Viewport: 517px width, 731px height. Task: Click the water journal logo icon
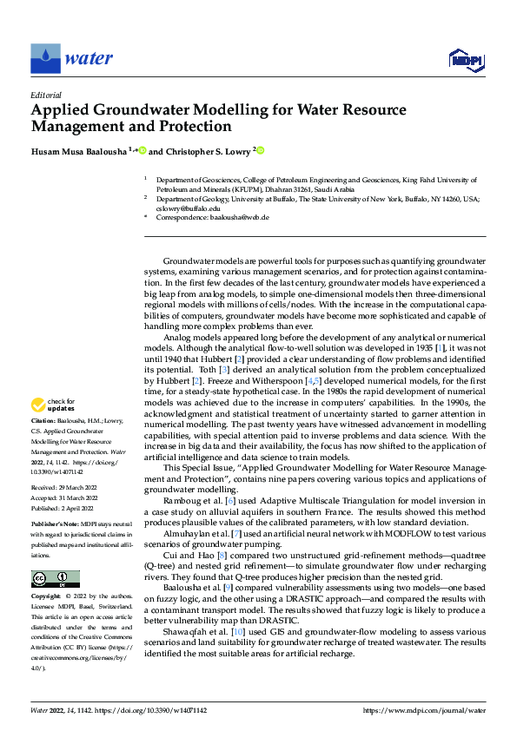45,59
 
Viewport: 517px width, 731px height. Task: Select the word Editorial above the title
45,95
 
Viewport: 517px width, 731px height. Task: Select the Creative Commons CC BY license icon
56,579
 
